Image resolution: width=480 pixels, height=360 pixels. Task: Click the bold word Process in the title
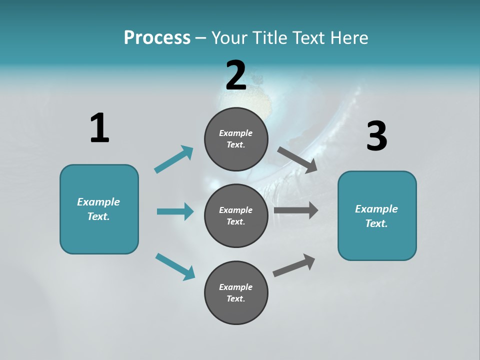coord(157,37)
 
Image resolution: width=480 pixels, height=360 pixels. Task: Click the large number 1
coord(99,128)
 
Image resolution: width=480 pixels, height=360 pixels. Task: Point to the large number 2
coord(236,75)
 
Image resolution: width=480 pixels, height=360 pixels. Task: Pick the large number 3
coord(376,136)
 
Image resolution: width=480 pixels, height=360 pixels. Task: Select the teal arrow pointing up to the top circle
coord(174,159)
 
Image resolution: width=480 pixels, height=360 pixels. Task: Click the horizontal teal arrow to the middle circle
coord(175,211)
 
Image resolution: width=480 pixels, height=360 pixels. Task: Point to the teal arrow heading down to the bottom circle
coord(175,266)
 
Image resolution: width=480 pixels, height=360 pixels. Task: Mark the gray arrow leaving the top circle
coord(297,160)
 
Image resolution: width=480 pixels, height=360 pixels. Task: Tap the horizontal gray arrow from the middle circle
coord(296,210)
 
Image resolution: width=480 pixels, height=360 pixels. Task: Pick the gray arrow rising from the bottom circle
coord(294,265)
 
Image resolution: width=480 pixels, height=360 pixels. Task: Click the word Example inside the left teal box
coord(98,202)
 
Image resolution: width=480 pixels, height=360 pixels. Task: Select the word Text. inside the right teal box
coord(376,223)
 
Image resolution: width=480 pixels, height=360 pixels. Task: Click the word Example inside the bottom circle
coord(235,287)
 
